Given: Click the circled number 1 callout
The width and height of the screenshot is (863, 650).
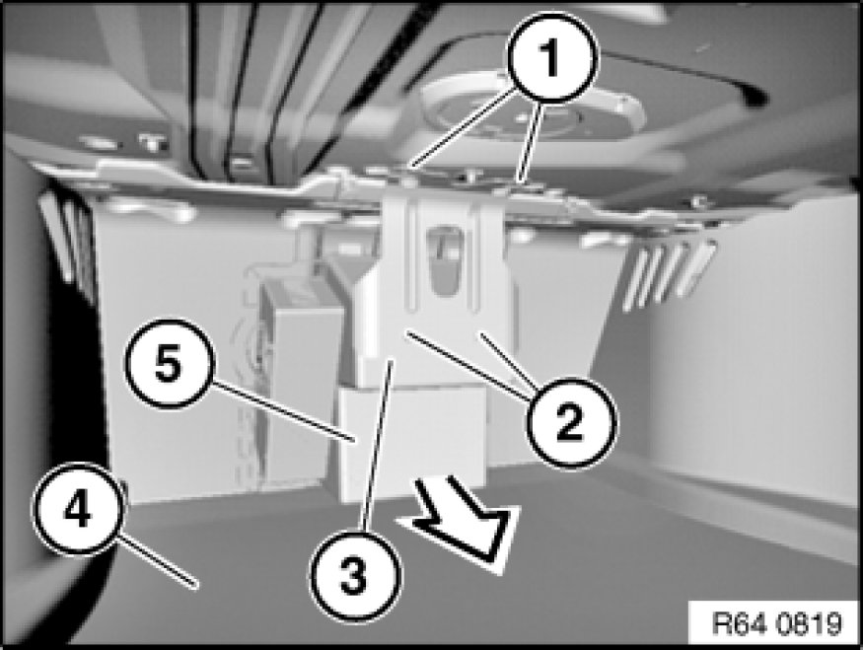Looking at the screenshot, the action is point(551,58).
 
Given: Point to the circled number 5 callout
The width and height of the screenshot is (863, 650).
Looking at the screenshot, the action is point(168,363).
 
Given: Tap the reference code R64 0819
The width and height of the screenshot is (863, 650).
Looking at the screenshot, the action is point(776,623).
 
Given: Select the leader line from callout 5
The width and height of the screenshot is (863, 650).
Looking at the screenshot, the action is point(283,411).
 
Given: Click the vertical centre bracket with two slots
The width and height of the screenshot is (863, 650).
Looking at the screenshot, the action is point(444,275).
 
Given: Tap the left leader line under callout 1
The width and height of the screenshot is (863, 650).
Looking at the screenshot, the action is point(463,128).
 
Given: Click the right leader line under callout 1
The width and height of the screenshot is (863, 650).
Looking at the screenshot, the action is point(530,140).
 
